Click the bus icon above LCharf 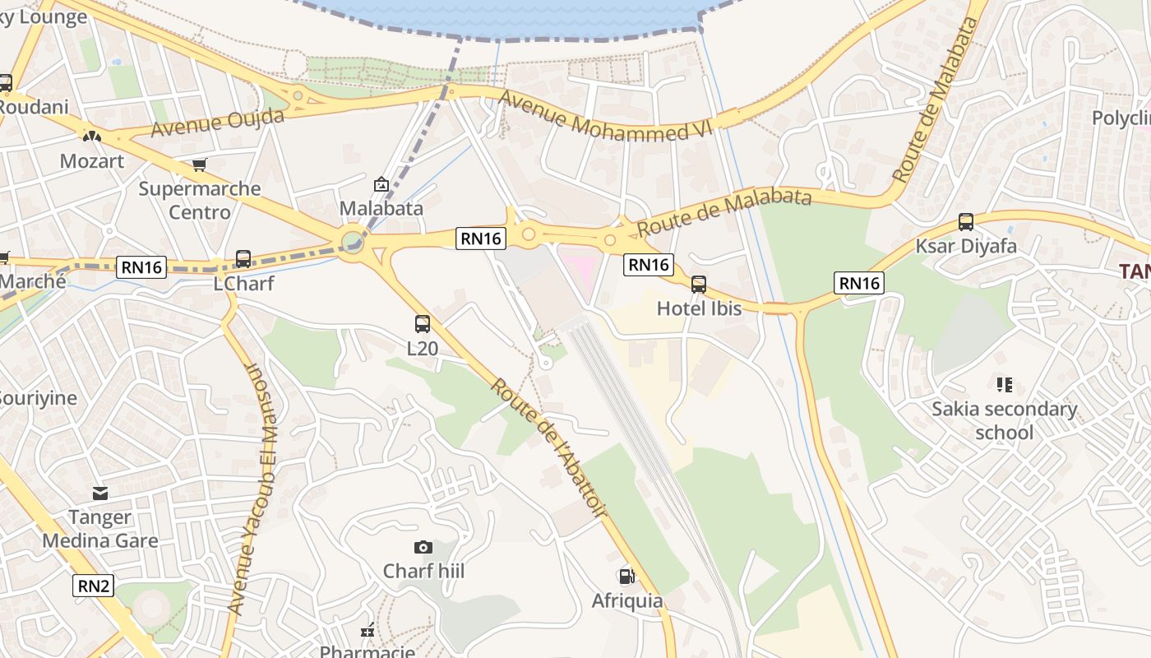pyautogui.click(x=243, y=259)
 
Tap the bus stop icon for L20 pyautogui.click(x=423, y=324)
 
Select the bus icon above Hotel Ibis pyautogui.click(x=699, y=285)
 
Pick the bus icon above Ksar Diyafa pyautogui.click(x=966, y=222)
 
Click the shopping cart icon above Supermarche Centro pyautogui.click(x=199, y=165)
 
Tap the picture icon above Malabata pyautogui.click(x=381, y=184)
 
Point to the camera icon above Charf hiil pyautogui.click(x=423, y=547)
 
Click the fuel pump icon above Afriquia pyautogui.click(x=626, y=577)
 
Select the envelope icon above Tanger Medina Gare pyautogui.click(x=100, y=493)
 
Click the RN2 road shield pyautogui.click(x=94, y=586)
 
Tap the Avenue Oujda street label pyautogui.click(x=218, y=123)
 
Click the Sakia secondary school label pyautogui.click(x=1004, y=420)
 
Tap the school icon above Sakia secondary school pyautogui.click(x=1004, y=384)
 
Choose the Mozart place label pyautogui.click(x=92, y=161)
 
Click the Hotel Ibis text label pyautogui.click(x=699, y=308)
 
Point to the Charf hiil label pyautogui.click(x=423, y=571)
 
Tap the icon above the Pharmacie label pyautogui.click(x=367, y=631)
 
